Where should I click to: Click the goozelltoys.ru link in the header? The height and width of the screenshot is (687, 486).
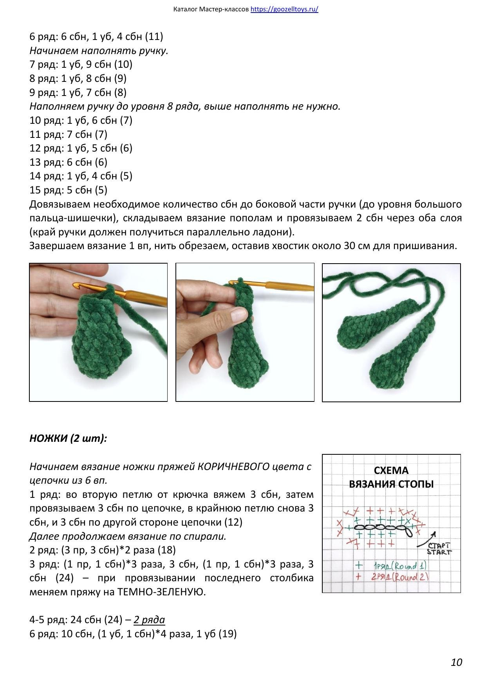[x=284, y=9]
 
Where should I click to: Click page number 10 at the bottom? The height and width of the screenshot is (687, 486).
[x=456, y=662]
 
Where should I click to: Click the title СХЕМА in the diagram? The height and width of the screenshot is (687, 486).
[x=391, y=470]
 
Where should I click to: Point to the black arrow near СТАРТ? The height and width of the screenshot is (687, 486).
[x=426, y=539]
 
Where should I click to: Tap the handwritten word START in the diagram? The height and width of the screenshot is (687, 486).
[x=439, y=552]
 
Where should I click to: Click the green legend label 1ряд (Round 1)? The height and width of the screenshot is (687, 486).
[x=399, y=566]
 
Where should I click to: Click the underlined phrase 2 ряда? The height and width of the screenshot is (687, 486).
[x=149, y=620]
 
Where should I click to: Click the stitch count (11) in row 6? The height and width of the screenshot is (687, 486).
[x=154, y=36]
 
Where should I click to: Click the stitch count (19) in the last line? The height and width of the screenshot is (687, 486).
[x=228, y=633]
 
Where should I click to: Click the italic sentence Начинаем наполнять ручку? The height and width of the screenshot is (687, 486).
[x=99, y=51]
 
